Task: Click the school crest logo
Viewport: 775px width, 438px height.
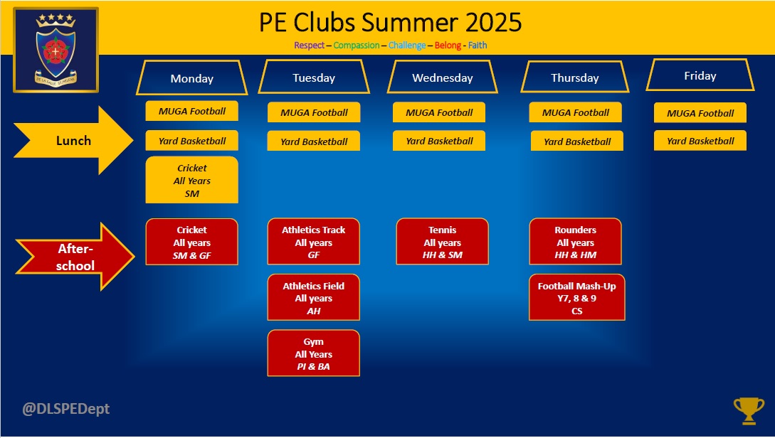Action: click(x=56, y=50)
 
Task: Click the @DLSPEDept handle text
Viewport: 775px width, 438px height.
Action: click(x=65, y=409)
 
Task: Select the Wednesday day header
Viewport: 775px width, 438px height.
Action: click(x=443, y=77)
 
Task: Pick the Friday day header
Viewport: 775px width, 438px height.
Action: click(x=700, y=75)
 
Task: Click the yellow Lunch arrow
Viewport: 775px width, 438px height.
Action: click(x=73, y=140)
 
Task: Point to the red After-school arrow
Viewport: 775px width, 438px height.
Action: click(x=75, y=257)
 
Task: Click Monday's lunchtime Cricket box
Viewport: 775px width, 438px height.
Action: click(x=191, y=180)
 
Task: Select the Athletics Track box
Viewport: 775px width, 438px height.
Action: click(x=313, y=242)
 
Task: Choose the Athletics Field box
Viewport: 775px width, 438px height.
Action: click(x=313, y=298)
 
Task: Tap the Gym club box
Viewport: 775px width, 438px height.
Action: click(x=313, y=353)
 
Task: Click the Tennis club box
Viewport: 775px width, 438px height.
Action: click(x=443, y=242)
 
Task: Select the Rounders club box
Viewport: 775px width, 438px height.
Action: click(x=575, y=242)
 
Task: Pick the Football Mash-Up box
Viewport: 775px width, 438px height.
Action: click(x=576, y=298)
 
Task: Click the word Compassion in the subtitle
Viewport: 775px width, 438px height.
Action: click(x=357, y=46)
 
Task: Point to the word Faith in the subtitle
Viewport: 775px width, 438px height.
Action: click(x=478, y=45)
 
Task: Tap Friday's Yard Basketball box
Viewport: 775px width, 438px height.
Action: click(x=700, y=141)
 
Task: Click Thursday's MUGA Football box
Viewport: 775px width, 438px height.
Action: click(x=575, y=112)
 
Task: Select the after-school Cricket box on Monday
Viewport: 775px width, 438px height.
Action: click(x=191, y=242)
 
